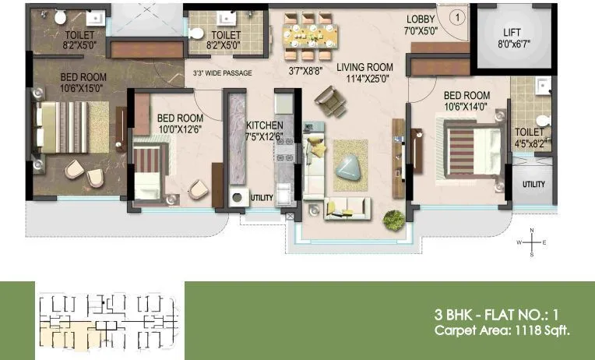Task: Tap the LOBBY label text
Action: click(x=421, y=19)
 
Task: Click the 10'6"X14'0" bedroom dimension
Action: click(x=466, y=106)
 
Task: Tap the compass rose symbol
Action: click(x=532, y=242)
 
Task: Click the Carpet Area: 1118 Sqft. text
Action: click(x=502, y=331)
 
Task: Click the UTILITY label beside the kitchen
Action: click(x=262, y=198)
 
